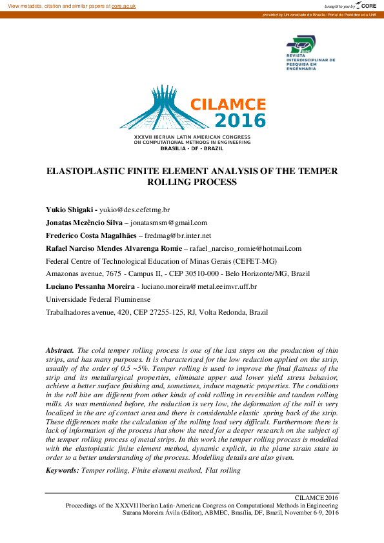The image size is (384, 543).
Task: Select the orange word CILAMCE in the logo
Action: tap(228, 104)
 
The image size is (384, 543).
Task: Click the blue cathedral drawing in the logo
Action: tap(155, 108)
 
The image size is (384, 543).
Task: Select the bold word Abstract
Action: tap(60, 349)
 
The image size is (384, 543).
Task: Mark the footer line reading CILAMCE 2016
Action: tap(316, 498)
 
